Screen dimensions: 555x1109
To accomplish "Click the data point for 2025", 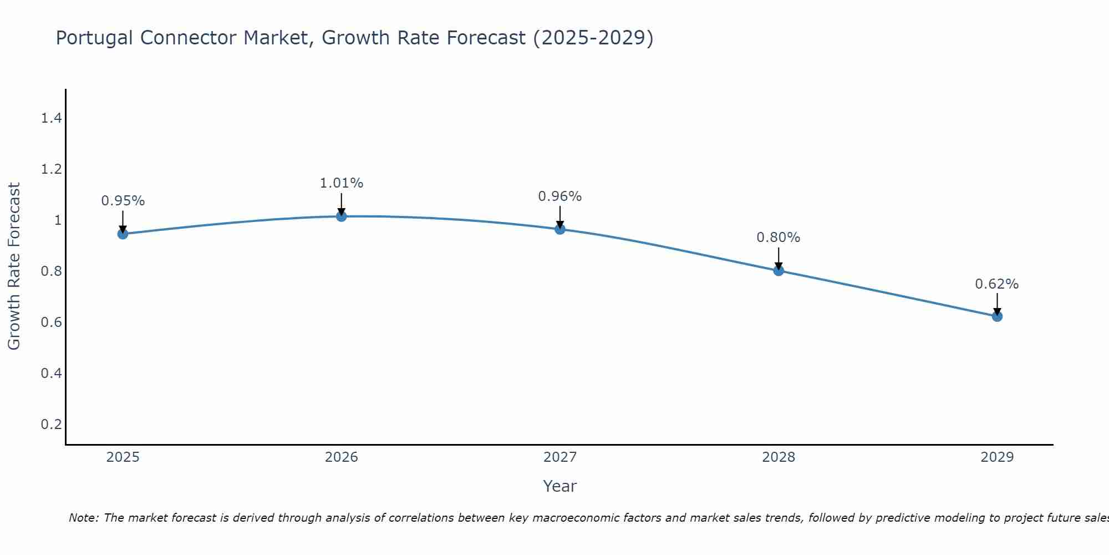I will pyautogui.click(x=123, y=234).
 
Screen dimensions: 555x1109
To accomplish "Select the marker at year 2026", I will pyautogui.click(x=342, y=216).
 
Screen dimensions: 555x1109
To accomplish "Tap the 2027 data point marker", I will pyautogui.click(x=560, y=229).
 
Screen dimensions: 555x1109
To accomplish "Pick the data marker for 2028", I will pyautogui.click(x=779, y=270).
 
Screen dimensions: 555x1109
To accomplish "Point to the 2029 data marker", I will pyautogui.click(x=997, y=316).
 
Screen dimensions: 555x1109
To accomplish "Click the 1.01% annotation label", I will pyautogui.click(x=342, y=183).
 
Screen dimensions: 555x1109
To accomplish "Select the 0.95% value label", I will pyautogui.click(x=123, y=201).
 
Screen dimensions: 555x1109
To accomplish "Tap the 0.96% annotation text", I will pyautogui.click(x=560, y=196).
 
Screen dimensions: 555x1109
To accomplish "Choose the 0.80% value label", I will pyautogui.click(x=779, y=238).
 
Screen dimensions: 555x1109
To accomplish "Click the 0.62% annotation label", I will pyautogui.click(x=997, y=284).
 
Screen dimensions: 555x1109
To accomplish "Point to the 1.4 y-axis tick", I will pyautogui.click(x=51, y=118).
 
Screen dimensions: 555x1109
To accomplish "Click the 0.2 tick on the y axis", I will pyautogui.click(x=51, y=425).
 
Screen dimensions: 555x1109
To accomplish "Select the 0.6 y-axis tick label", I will pyautogui.click(x=51, y=322).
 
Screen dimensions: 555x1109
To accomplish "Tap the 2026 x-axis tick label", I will pyautogui.click(x=342, y=457).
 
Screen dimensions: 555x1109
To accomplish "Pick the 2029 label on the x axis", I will pyautogui.click(x=997, y=457).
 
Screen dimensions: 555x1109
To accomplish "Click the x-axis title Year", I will pyautogui.click(x=560, y=486).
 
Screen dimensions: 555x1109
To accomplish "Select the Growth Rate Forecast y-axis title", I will pyautogui.click(x=14, y=266).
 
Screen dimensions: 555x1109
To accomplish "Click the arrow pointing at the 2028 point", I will pyautogui.click(x=779, y=258).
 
